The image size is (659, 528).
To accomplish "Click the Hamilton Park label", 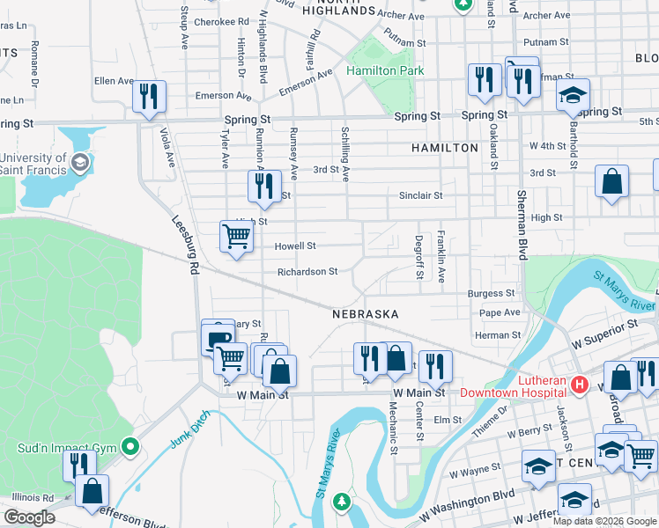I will (x=385, y=70).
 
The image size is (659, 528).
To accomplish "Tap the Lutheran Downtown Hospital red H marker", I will (x=580, y=385).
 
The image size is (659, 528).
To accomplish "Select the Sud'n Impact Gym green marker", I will (x=131, y=448).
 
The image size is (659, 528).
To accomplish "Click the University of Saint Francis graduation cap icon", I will (x=80, y=162).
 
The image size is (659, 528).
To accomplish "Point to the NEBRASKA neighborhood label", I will (x=366, y=314).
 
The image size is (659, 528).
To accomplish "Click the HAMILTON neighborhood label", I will (x=445, y=148).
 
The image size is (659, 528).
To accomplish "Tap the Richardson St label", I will (x=307, y=272).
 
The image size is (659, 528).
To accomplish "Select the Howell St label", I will (x=294, y=246).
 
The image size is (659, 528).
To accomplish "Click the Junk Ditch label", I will (x=187, y=428).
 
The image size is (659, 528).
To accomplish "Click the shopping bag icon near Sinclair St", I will (x=611, y=181).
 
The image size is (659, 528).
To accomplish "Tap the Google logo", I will (x=29, y=517).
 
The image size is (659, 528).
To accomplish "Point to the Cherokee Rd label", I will (x=221, y=21).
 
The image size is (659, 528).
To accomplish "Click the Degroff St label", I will (x=419, y=257).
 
